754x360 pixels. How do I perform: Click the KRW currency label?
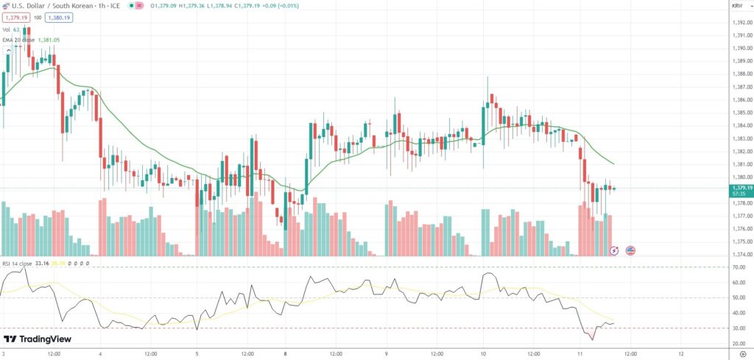point(737,6)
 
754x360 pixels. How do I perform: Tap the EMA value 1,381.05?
point(49,40)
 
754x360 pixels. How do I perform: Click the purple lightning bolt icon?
point(615,250)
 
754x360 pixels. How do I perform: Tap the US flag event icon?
point(630,250)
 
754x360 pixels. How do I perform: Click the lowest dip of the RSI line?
point(592,339)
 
